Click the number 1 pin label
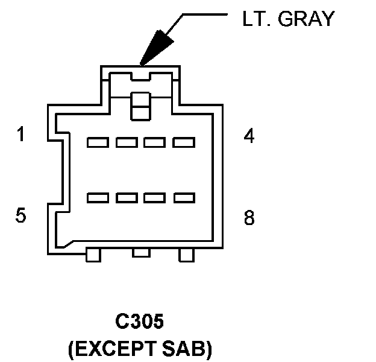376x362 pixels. (x=22, y=135)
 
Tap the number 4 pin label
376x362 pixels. (x=249, y=136)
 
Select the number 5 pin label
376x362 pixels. (x=22, y=215)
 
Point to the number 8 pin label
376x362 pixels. (x=249, y=218)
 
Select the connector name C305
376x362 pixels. (x=139, y=322)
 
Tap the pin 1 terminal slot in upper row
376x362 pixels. (x=98, y=142)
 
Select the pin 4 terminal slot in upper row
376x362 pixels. (x=184, y=142)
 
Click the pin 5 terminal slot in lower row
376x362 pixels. (x=98, y=197)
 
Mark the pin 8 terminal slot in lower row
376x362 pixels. (x=184, y=197)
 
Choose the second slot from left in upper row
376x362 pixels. (x=127, y=142)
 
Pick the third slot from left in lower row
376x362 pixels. (x=155, y=197)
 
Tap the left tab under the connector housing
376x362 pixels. (x=93, y=255)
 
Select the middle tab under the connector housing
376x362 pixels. (x=141, y=252)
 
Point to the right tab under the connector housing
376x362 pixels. (x=187, y=255)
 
